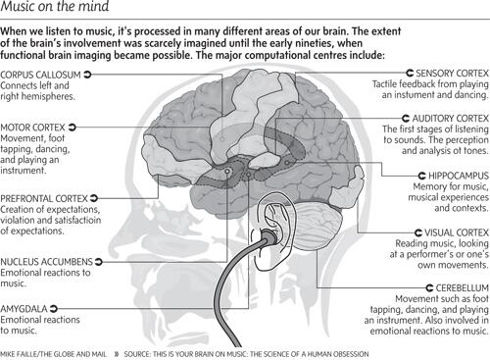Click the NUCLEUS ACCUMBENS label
tap(46, 262)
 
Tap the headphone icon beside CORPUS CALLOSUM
tap(89, 74)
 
